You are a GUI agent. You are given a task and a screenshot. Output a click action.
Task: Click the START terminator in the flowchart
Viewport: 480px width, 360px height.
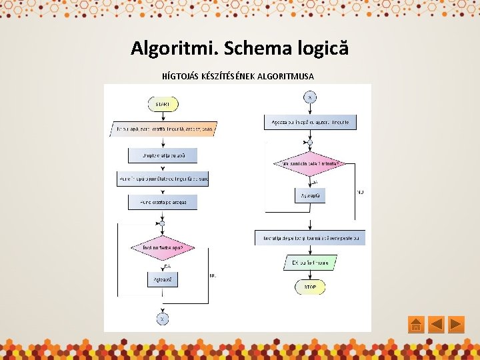tap(162, 105)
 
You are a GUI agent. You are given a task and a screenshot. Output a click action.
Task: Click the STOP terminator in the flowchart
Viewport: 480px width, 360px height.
tap(310, 287)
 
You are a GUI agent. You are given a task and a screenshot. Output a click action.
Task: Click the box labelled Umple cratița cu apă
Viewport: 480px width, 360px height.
tap(162, 155)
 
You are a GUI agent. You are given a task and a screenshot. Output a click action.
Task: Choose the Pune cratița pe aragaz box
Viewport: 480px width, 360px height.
tap(162, 202)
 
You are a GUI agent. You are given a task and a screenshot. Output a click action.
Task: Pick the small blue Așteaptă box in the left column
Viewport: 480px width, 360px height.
tap(162, 280)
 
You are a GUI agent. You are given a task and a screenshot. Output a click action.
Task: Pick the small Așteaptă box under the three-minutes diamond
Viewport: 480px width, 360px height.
tap(310, 195)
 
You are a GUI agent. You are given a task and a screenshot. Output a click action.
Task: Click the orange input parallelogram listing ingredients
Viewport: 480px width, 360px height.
tap(163, 129)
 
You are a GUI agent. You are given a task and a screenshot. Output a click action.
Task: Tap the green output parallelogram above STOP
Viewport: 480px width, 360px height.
tap(310, 263)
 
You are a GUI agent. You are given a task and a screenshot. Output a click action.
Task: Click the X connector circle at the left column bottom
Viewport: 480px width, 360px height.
tap(162, 319)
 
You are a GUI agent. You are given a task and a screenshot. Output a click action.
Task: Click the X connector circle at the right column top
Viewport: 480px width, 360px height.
tap(310, 97)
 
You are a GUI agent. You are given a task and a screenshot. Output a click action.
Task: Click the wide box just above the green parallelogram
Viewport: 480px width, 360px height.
tap(310, 238)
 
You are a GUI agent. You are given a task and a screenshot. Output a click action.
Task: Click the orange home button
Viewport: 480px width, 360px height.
tap(415, 325)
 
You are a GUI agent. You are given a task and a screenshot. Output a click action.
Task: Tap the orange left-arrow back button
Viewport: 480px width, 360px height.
tap(436, 325)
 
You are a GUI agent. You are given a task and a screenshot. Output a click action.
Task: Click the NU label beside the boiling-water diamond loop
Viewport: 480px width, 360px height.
tap(213, 275)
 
